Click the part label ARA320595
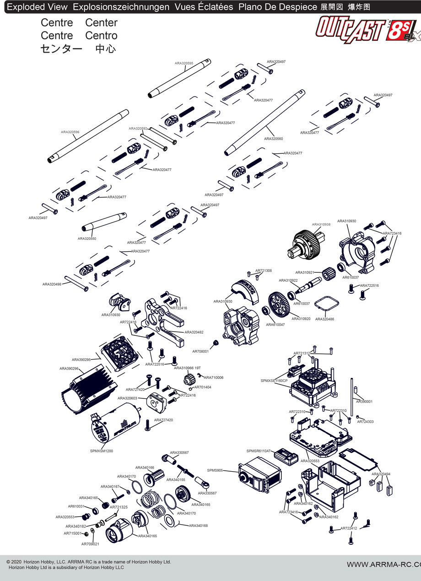coord(184,63)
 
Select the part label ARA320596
coord(70,132)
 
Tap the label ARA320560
coord(273,139)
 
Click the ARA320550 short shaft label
coord(87,238)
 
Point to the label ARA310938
coord(321,225)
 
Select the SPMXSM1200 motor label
coord(102,451)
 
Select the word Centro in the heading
coord(101,36)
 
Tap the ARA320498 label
coord(52,284)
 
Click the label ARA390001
coord(364,401)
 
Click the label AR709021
coord(90,544)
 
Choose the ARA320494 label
coord(381,474)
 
